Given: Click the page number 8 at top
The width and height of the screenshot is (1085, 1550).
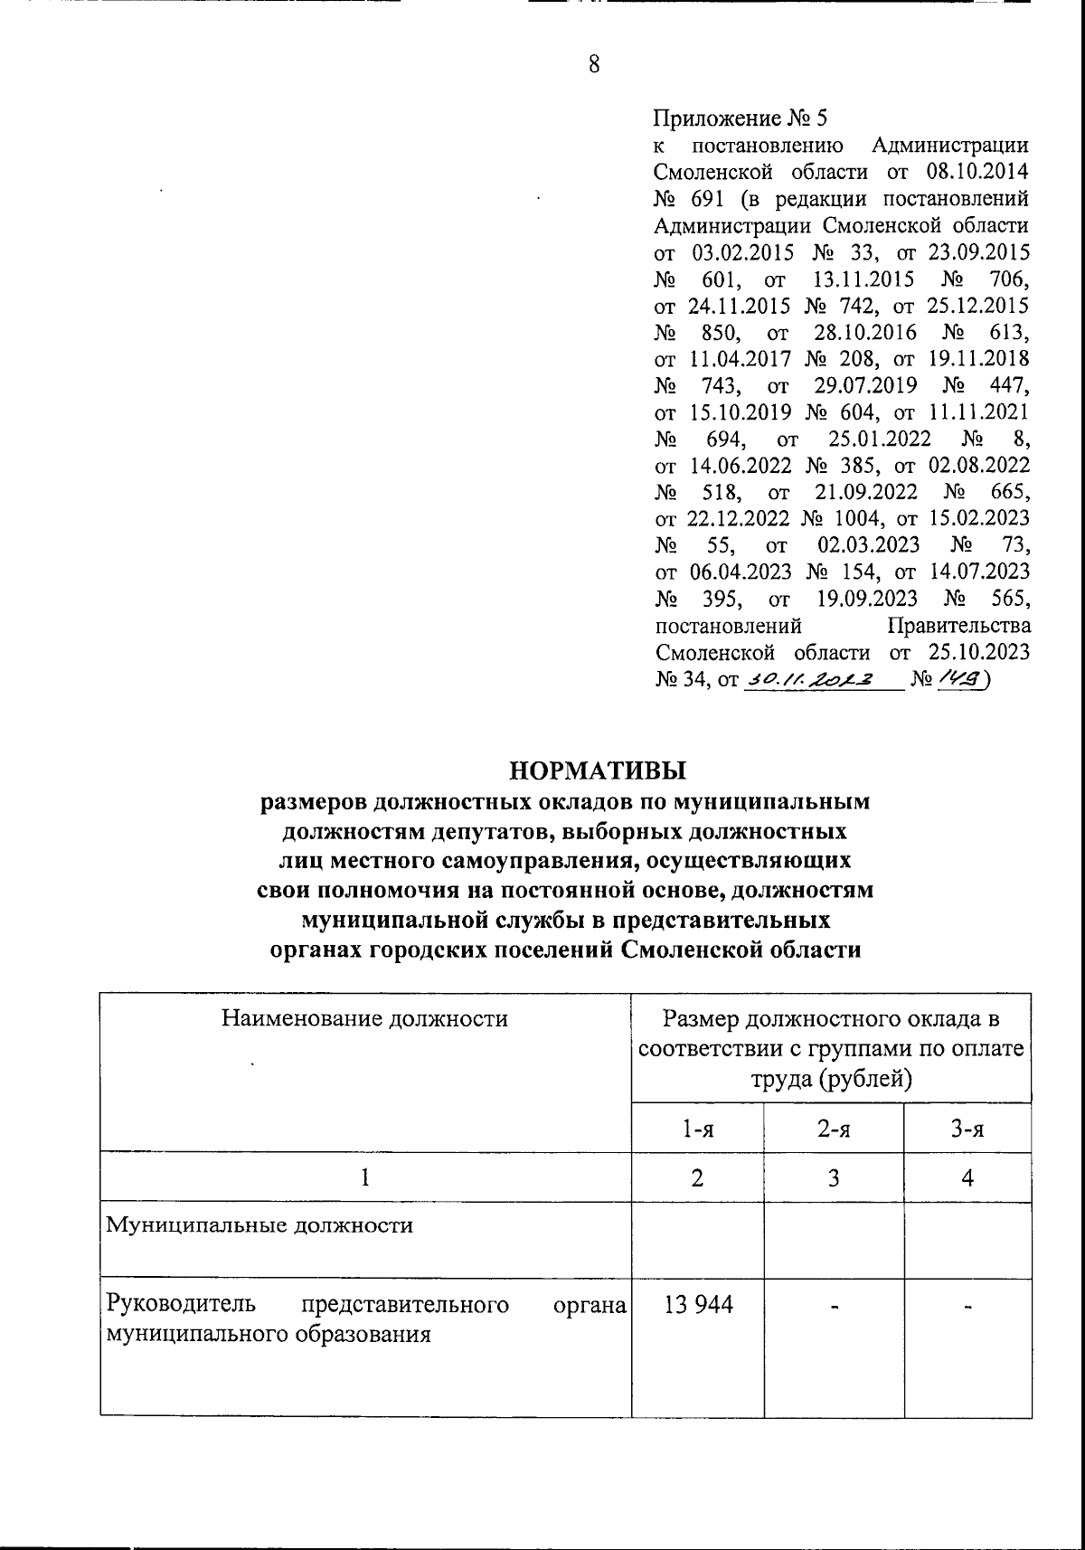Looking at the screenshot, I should pos(594,64).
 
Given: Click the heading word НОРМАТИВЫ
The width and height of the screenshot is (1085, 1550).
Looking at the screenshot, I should pos(599,770).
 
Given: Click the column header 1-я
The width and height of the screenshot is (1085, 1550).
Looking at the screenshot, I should pos(698,1129).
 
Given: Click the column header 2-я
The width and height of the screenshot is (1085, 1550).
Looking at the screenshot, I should pos(833,1129).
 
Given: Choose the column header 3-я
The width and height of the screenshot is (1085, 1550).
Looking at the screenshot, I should pos(967,1129).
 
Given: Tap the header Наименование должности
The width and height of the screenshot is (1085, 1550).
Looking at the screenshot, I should pos(365,1019).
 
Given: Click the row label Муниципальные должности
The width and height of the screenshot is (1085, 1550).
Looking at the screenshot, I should pos(259,1226).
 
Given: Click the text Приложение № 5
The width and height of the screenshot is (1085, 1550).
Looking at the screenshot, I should pos(740,118).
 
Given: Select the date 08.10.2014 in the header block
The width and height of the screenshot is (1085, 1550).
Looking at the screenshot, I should pos(978,172).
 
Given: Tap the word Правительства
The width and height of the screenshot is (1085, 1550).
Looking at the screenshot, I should pos(959,626).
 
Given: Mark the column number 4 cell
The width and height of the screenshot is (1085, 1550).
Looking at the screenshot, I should pos(967,1177).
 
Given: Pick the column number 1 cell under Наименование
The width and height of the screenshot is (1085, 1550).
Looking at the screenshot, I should pos(365,1177).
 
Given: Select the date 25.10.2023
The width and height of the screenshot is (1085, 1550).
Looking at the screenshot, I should pos(978,652).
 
